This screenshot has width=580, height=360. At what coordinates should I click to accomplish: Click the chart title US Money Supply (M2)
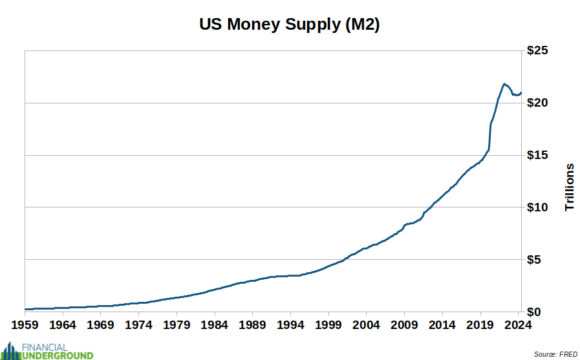tap(290, 25)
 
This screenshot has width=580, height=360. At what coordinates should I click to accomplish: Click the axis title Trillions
tap(570, 187)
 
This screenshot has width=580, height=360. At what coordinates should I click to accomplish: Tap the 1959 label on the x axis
tap(25, 324)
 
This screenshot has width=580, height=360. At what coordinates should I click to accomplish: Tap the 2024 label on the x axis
tap(518, 324)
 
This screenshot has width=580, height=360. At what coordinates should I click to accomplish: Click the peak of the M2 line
tap(504, 84)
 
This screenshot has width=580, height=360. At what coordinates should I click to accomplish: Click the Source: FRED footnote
tap(555, 354)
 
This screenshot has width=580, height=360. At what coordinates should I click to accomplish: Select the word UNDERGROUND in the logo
tap(58, 355)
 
